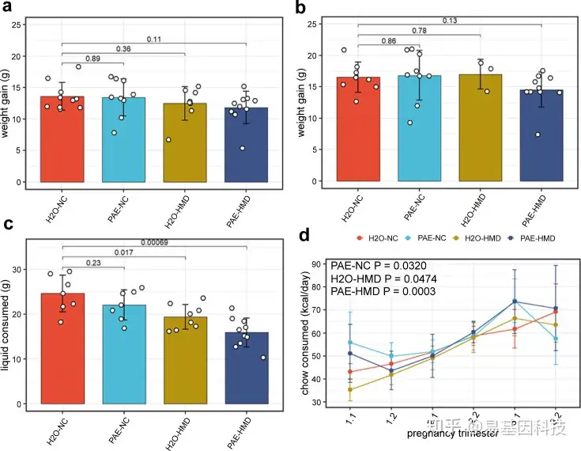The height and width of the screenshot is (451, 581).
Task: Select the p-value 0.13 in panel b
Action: (x=451, y=21)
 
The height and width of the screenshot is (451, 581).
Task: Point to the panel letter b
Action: (x=301, y=9)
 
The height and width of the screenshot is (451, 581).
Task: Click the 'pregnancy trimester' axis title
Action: (x=443, y=434)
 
